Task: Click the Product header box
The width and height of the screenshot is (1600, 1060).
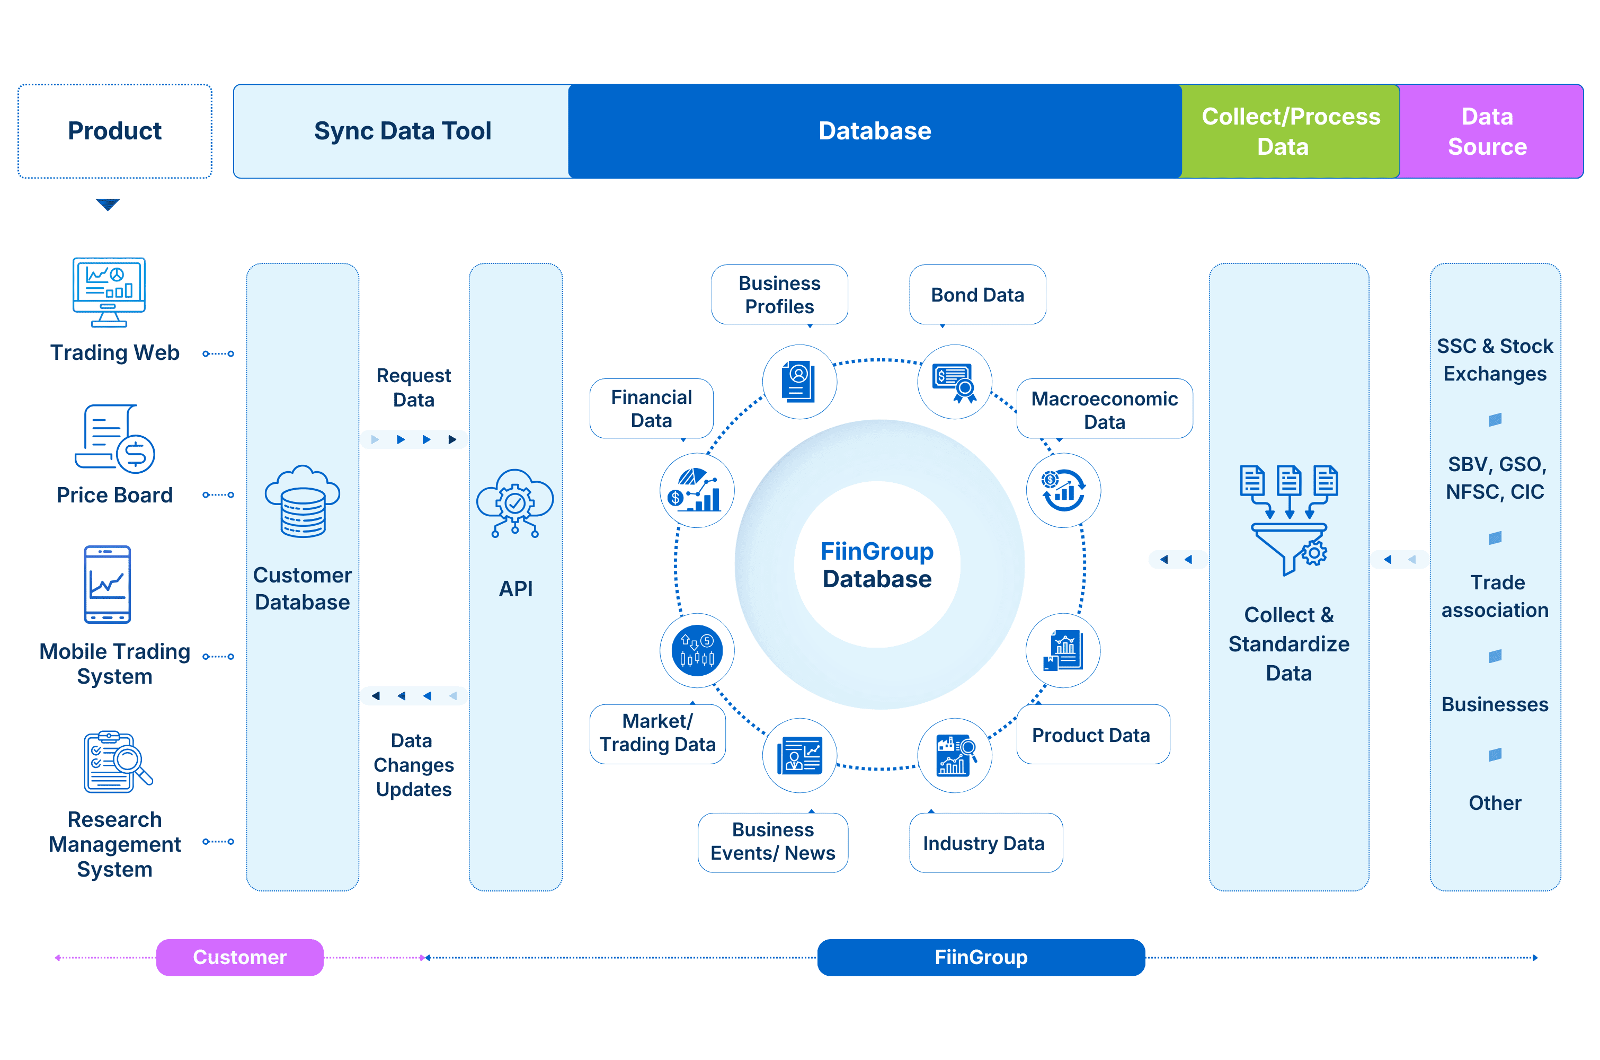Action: [x=115, y=131]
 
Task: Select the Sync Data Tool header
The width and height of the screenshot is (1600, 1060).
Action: [x=402, y=131]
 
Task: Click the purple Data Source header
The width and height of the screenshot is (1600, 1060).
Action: [x=1489, y=131]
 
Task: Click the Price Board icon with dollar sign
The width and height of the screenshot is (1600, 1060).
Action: [x=115, y=439]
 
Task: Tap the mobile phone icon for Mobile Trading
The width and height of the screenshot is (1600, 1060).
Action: [x=107, y=584]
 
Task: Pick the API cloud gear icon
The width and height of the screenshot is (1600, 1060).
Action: [x=515, y=503]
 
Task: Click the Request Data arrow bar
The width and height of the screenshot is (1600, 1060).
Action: [x=414, y=439]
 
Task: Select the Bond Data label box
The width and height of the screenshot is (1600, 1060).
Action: [x=977, y=295]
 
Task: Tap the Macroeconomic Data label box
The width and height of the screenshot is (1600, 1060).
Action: [x=1104, y=410]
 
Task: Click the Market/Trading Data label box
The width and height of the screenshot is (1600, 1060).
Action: [x=657, y=734]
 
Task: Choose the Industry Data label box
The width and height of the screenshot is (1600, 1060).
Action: [x=984, y=843]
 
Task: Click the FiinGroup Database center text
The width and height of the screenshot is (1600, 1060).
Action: [x=877, y=565]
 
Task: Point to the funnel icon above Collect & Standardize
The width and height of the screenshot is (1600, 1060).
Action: [x=1288, y=519]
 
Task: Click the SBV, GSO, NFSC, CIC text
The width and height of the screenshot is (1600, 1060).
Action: [x=1495, y=478]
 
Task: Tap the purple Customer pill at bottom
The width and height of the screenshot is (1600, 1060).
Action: [x=240, y=957]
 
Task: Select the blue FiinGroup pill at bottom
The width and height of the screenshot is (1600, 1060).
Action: [x=981, y=957]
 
